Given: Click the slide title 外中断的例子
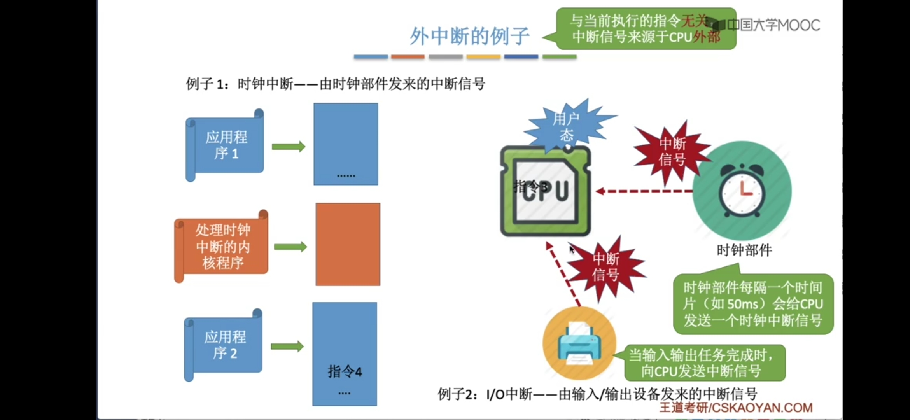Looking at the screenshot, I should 469,36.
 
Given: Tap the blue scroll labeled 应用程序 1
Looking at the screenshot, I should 226,145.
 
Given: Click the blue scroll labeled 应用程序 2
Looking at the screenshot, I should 225,345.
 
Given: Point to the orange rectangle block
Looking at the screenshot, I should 348,244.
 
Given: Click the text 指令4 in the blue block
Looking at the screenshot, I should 345,371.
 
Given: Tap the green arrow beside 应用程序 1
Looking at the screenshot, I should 288,147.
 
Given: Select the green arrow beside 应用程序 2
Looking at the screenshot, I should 287,346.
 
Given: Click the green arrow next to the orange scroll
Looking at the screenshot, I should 290,247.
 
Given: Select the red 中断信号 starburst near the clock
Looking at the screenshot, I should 672,152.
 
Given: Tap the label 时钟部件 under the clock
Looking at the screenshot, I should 744,250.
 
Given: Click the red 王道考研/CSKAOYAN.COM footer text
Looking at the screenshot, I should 736,407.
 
